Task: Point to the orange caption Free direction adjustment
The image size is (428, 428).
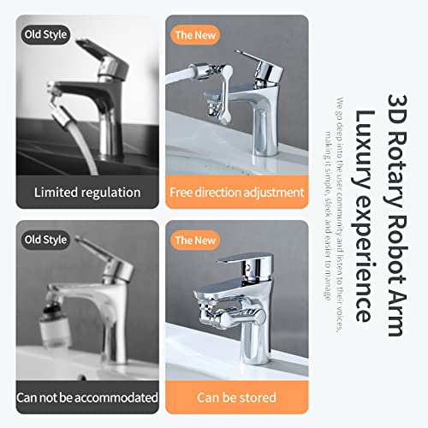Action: [237, 192]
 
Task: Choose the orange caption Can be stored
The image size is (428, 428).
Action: [237, 397]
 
